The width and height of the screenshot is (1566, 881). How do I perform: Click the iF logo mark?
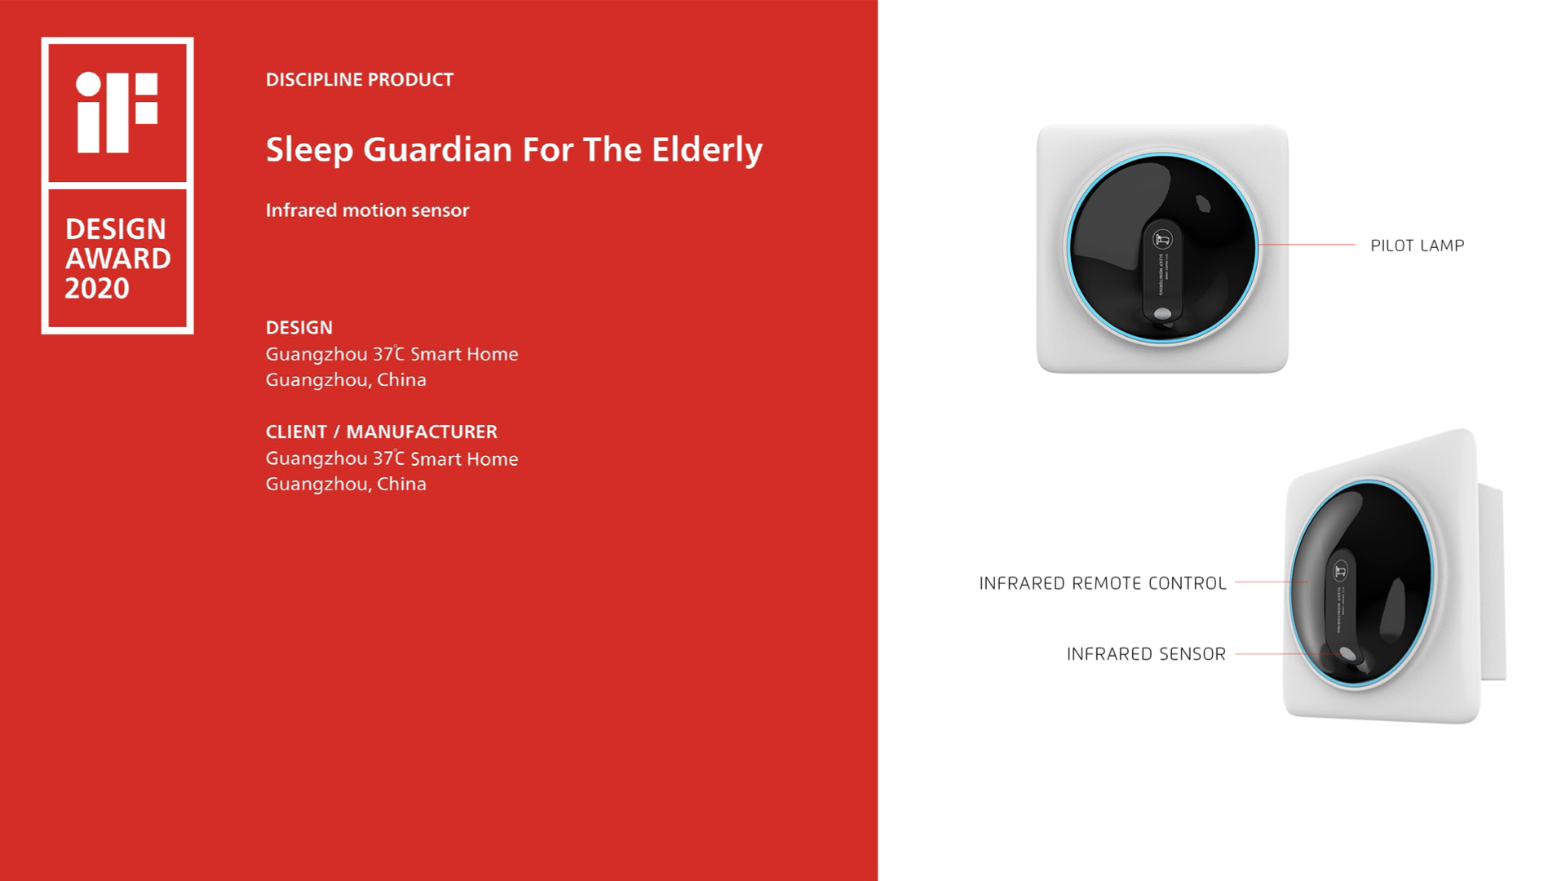[117, 112]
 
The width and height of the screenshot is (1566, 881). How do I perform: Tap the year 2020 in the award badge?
[97, 289]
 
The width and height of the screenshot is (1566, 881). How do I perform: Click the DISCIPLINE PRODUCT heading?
[359, 80]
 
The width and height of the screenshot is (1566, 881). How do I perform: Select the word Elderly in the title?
[707, 150]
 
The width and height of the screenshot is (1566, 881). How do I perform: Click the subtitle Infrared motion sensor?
[367, 210]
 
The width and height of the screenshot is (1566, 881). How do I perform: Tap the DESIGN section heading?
[299, 328]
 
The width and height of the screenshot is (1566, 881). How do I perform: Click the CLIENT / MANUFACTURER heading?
[381, 432]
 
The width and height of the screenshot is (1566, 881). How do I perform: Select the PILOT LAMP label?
[1417, 246]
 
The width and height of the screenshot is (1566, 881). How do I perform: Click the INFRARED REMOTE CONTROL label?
[1102, 583]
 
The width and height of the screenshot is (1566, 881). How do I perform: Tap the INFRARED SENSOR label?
[1145, 654]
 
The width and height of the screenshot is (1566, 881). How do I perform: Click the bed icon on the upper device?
[1162, 239]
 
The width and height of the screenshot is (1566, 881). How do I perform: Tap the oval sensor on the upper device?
[1163, 313]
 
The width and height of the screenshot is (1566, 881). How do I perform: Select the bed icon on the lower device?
[1340, 570]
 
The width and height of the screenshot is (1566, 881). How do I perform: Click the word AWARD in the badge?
[117, 259]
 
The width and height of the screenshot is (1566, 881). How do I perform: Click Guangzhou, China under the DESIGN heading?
[346, 380]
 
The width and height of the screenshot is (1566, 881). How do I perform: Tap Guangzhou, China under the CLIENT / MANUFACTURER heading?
[346, 485]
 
